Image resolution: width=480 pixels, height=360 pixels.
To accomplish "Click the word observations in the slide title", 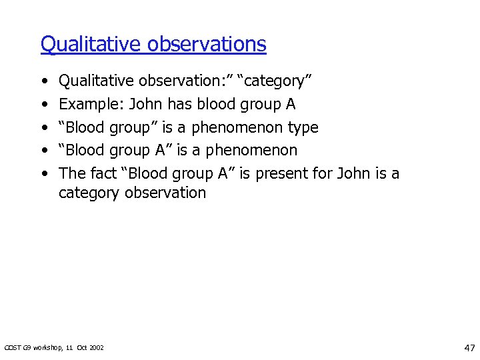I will [207, 44].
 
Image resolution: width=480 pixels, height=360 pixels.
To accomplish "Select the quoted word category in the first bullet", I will [276, 81].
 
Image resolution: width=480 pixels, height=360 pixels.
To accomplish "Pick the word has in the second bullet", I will [180, 104].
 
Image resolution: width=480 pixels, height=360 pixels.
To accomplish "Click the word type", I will [303, 128].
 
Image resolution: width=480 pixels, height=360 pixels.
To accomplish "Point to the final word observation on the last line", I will [166, 193].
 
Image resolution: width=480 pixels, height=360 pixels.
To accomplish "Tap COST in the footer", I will [13, 347].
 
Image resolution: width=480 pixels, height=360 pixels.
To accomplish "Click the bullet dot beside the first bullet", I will [43, 81].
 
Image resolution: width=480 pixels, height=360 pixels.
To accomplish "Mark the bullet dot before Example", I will [43, 105].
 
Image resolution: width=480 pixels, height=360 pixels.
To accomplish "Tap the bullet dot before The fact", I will [43, 174].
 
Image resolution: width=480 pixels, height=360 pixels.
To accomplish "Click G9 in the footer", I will [28, 347].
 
